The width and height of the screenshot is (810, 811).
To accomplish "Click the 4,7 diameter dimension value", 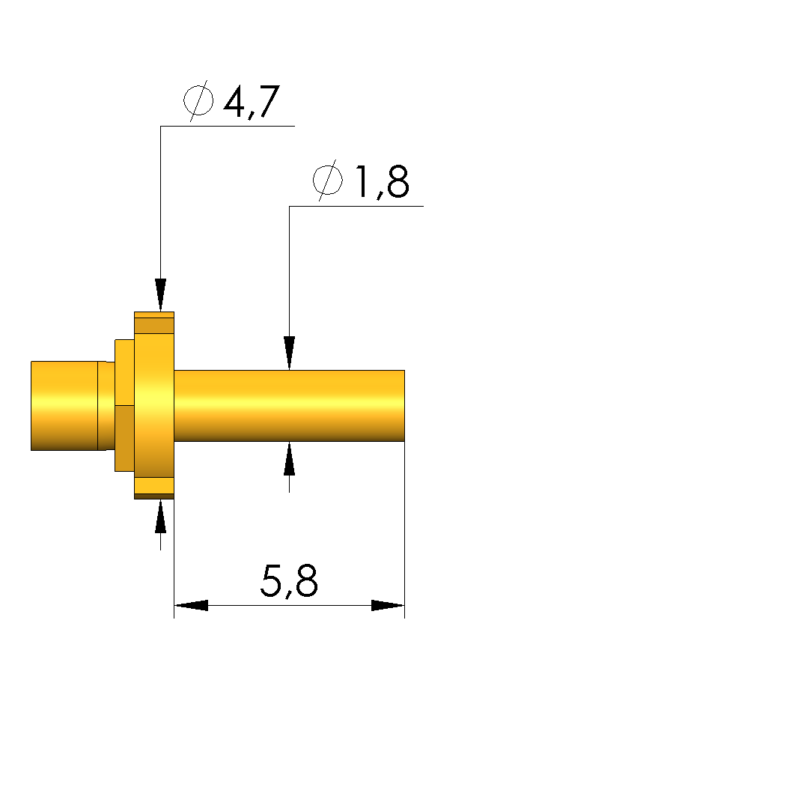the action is (252, 102).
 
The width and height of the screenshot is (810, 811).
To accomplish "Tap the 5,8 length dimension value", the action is (289, 581).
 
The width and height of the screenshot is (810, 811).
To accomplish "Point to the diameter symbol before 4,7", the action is (198, 101).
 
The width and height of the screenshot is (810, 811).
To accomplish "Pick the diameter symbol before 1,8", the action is (328, 180).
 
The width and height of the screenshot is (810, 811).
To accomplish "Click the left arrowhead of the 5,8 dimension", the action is (191, 605).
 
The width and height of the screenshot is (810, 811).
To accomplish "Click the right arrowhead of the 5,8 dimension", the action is (388, 605).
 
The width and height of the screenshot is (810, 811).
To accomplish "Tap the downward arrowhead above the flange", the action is (161, 295).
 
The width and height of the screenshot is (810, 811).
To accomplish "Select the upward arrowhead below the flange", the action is (161, 516).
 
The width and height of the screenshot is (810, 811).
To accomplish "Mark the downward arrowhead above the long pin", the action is (290, 353).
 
